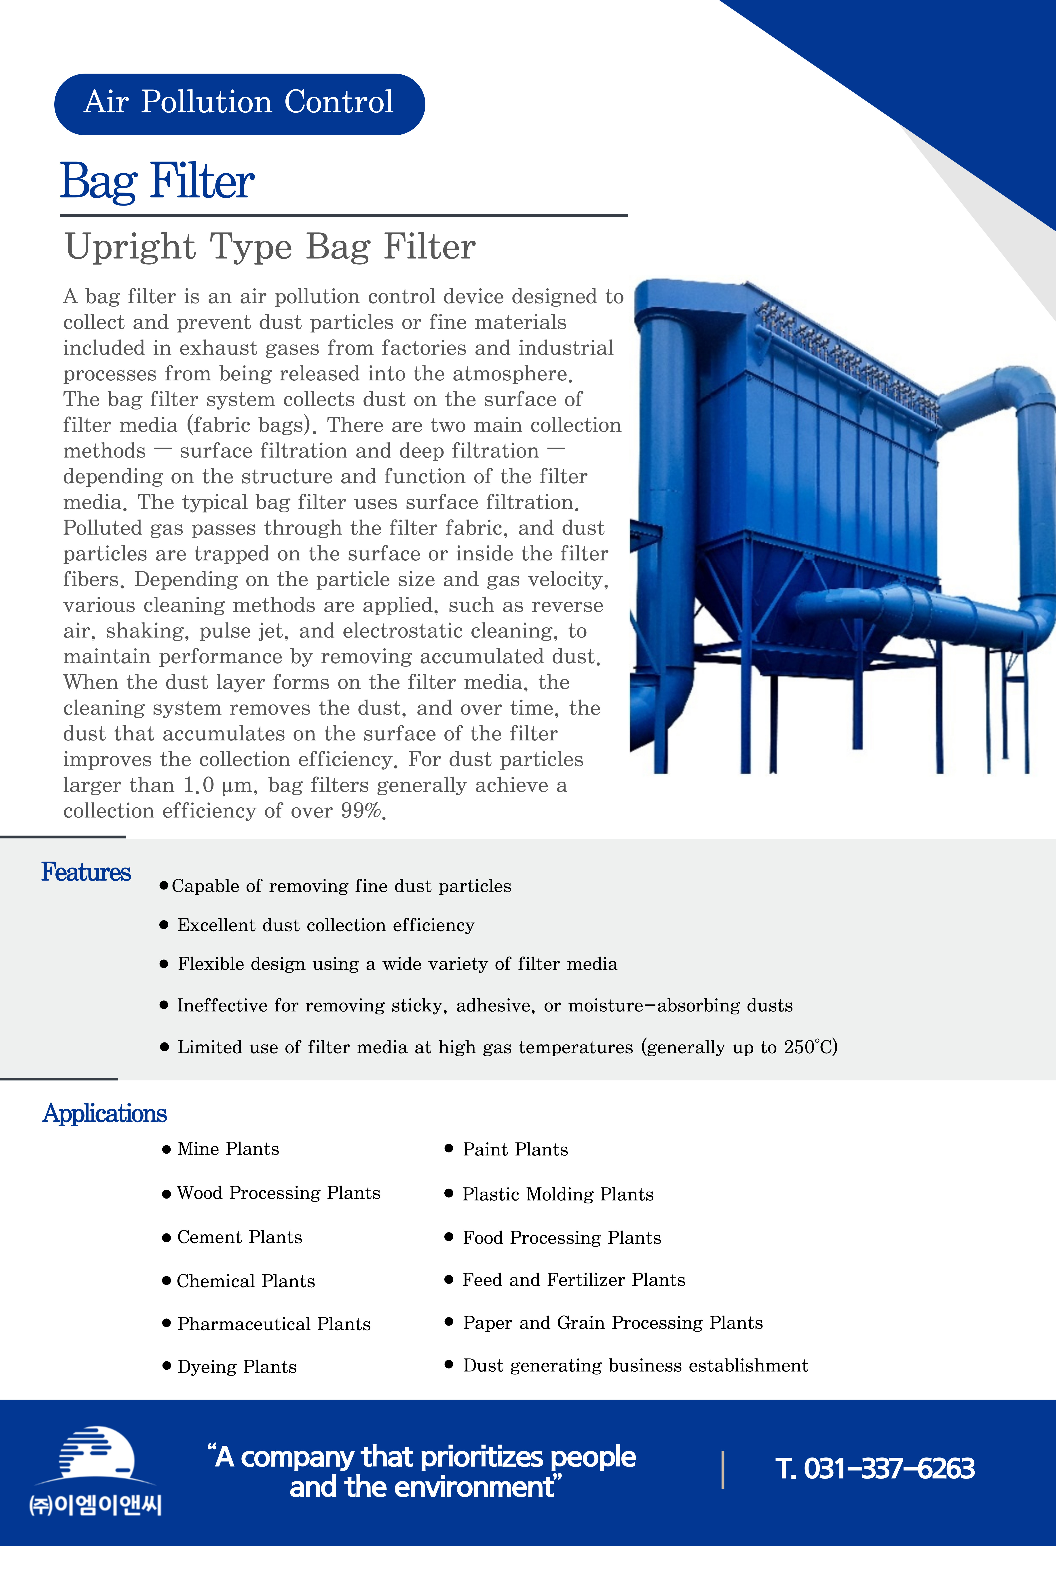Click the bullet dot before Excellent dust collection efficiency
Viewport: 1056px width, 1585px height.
pos(164,925)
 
